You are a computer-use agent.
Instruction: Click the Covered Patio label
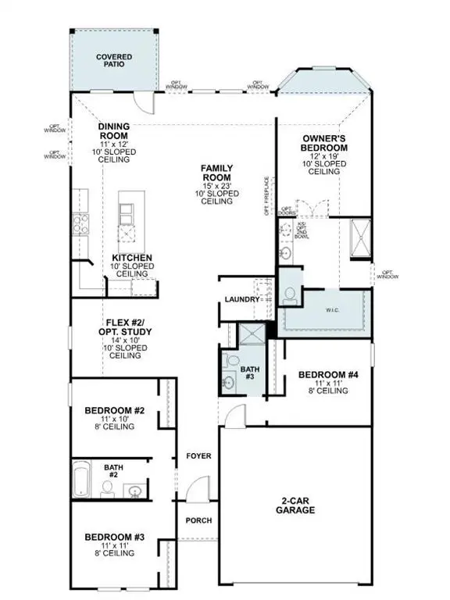click(x=114, y=61)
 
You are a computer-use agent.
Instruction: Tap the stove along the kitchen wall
click(x=80, y=225)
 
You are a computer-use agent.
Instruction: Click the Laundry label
click(x=241, y=299)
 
